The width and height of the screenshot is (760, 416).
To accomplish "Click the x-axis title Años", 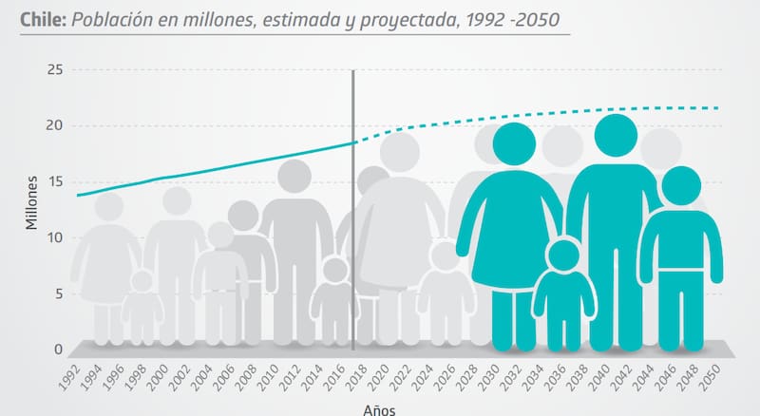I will coord(377,409).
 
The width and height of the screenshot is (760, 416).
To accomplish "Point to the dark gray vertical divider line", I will coord(353,209).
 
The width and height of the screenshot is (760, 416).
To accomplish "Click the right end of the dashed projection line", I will coord(717,108).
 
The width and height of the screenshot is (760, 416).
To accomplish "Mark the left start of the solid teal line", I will coord(78,195).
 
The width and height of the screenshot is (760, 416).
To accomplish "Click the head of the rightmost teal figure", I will coord(680,186).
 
